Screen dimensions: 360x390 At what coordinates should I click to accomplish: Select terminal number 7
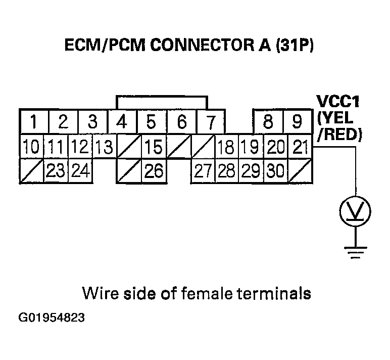click(x=211, y=122)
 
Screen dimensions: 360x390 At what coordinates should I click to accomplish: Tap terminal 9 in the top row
click(x=298, y=122)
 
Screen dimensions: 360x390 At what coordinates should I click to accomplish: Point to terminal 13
click(x=104, y=148)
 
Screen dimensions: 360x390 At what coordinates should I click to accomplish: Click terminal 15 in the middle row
click(x=153, y=148)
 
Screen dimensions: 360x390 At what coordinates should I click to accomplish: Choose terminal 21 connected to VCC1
click(x=300, y=148)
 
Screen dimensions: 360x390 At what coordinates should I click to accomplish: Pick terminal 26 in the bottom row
click(x=153, y=171)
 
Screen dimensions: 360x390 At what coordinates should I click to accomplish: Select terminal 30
click(x=275, y=171)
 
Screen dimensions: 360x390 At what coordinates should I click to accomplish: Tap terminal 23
click(x=56, y=171)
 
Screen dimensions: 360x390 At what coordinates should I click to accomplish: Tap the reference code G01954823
click(x=52, y=319)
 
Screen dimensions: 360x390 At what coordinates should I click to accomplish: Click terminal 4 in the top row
click(x=122, y=122)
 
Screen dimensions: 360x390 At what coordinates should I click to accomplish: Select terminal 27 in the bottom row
click(x=202, y=171)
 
